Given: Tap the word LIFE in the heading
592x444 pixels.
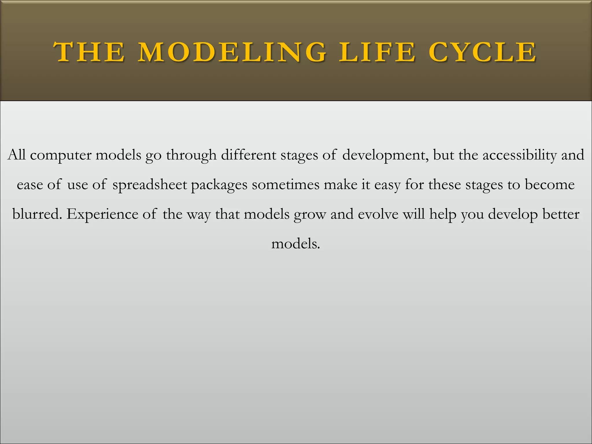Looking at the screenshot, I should [x=377, y=52].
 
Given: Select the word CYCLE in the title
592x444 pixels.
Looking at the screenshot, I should [x=482, y=52].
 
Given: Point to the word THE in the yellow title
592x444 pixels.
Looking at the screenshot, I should [x=89, y=52].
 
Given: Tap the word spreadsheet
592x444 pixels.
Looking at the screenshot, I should [x=149, y=185].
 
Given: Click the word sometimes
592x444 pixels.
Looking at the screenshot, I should [x=285, y=185].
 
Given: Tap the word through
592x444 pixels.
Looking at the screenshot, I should [x=191, y=155].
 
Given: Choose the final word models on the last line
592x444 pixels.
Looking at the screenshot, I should [x=295, y=244].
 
